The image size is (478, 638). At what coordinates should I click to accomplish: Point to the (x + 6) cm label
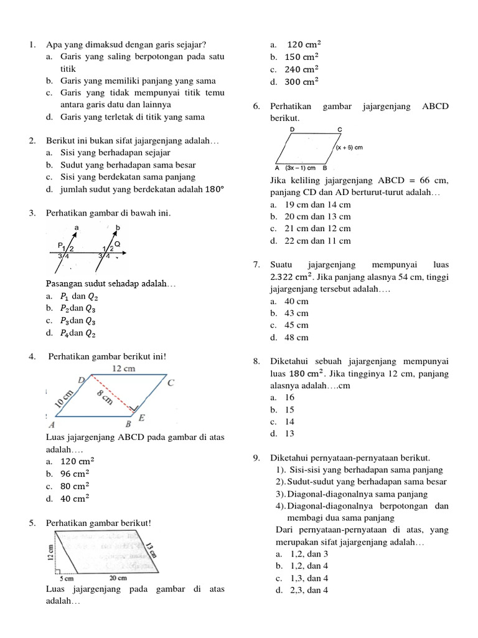(349, 148)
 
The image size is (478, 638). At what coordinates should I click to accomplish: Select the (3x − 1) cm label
(301, 168)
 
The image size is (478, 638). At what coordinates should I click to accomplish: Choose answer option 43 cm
(297, 313)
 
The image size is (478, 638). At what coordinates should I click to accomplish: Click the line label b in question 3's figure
(118, 227)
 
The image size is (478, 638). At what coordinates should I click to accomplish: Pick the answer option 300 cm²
(302, 82)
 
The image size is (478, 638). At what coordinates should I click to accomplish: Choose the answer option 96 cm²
(77, 474)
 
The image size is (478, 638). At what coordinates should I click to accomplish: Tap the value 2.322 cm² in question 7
(291, 277)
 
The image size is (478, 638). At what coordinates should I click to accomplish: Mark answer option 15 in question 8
(289, 409)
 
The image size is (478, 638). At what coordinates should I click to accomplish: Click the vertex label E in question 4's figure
(143, 417)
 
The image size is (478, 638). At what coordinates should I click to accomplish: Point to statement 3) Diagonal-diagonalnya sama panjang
(352, 494)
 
